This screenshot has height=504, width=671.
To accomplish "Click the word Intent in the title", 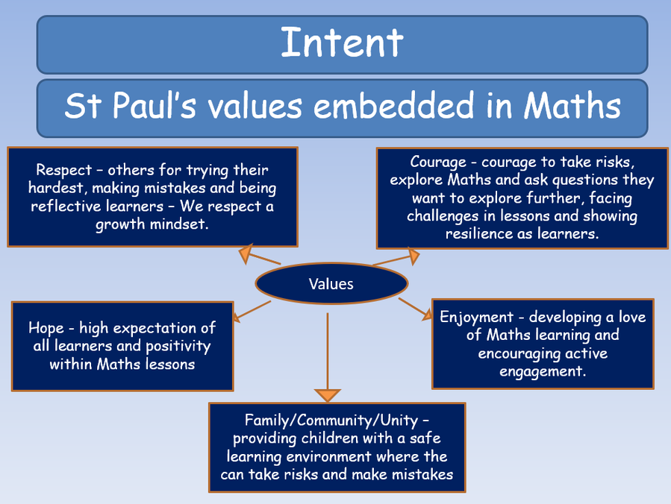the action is click(342, 42).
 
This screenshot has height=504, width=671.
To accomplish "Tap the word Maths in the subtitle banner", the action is click(572, 105).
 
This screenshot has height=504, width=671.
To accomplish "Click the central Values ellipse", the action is click(331, 283).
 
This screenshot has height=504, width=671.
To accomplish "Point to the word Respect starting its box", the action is click(63, 171).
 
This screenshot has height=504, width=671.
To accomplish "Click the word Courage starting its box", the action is click(438, 163).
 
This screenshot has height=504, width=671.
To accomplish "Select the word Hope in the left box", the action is click(46, 328).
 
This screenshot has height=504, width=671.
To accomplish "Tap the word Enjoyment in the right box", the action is click(476, 318).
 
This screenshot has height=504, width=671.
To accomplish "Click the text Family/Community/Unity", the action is click(331, 420).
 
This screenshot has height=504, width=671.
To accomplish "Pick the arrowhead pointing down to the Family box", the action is click(328, 395).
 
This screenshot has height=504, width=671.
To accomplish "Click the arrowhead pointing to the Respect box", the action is click(246, 253).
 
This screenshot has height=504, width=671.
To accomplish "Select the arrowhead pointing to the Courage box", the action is click(413, 256).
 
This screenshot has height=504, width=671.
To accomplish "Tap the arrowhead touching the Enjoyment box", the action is click(427, 315).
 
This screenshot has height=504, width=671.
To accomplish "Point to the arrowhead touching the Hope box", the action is click(236, 317).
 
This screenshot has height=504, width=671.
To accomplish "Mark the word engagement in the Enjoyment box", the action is click(543, 371).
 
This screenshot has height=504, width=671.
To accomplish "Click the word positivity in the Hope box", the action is click(178, 346).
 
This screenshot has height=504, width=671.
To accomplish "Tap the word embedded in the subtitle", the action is click(393, 105).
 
